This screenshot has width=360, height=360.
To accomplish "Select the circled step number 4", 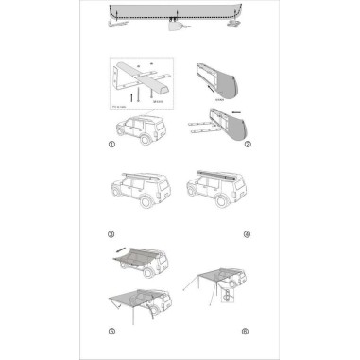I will tap(247, 233).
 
